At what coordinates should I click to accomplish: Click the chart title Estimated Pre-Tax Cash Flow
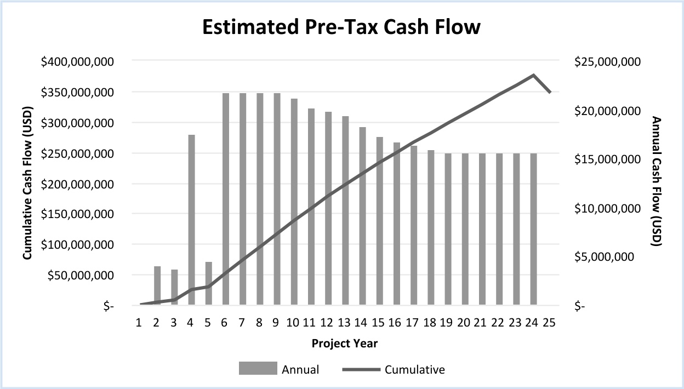(341, 27)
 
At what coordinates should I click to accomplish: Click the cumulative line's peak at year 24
(533, 75)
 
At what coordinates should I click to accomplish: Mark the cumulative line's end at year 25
(550, 93)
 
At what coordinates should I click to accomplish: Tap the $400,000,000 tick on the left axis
(77, 62)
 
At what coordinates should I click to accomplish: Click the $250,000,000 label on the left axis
(77, 154)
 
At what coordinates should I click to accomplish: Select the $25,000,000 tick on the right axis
(607, 62)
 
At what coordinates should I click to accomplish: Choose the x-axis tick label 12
(327, 322)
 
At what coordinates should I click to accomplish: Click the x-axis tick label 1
(140, 322)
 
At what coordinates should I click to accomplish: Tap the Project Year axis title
(344, 344)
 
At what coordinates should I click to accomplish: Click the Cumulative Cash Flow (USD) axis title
(26, 184)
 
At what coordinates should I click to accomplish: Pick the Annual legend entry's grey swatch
(257, 369)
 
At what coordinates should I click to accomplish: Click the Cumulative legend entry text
(414, 369)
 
